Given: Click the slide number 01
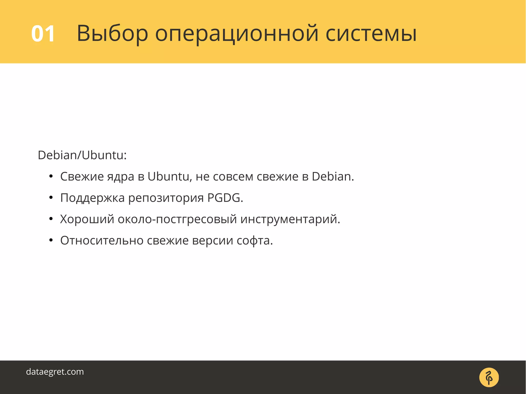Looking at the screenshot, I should click(x=43, y=34).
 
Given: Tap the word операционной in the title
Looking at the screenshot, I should click(x=237, y=34).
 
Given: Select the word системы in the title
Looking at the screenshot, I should click(x=371, y=34).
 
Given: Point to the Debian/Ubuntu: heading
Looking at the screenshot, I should click(x=82, y=155).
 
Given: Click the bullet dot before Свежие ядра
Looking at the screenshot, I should click(x=51, y=176).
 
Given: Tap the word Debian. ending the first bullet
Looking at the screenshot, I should click(x=333, y=177).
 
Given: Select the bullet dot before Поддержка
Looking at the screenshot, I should click(x=51, y=198).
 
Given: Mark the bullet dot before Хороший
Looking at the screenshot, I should click(x=51, y=219).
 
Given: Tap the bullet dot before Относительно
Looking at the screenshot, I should click(x=51, y=241).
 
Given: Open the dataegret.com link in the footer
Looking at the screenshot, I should click(x=55, y=372).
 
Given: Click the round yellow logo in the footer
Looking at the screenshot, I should click(x=489, y=377).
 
